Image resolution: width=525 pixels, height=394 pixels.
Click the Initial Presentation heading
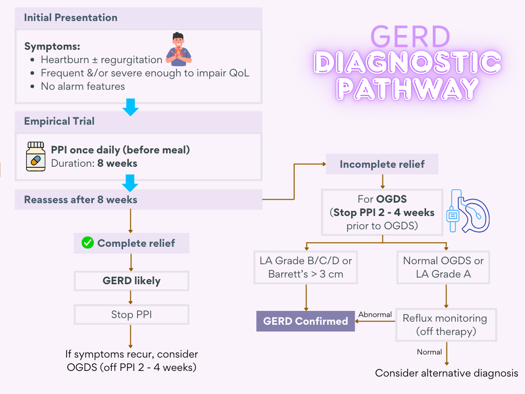[x=71, y=17]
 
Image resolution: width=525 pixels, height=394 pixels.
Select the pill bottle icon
[x=36, y=157]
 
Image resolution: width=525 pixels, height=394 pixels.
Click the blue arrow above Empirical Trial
[x=131, y=107]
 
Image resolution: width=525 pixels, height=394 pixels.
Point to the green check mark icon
[x=88, y=243]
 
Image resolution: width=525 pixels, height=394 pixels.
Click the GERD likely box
[x=132, y=281]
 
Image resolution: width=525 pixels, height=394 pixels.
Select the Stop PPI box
[x=132, y=314]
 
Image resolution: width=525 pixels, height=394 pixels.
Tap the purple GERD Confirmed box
[x=306, y=321]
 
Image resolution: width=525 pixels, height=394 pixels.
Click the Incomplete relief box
[x=382, y=165]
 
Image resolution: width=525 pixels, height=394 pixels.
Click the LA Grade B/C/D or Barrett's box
[x=306, y=267]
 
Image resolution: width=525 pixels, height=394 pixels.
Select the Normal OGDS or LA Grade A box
[x=443, y=267]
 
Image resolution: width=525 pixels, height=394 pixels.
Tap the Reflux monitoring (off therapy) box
[x=446, y=325]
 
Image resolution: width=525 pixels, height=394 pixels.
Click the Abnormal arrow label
[x=375, y=314]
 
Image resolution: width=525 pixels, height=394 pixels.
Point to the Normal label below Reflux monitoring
[x=429, y=352]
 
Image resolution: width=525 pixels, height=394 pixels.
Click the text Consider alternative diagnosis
[x=447, y=373]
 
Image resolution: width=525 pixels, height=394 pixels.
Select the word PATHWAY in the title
[x=408, y=88]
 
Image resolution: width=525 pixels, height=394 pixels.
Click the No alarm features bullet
[x=83, y=86]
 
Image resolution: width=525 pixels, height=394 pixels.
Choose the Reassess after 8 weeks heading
[x=81, y=200]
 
